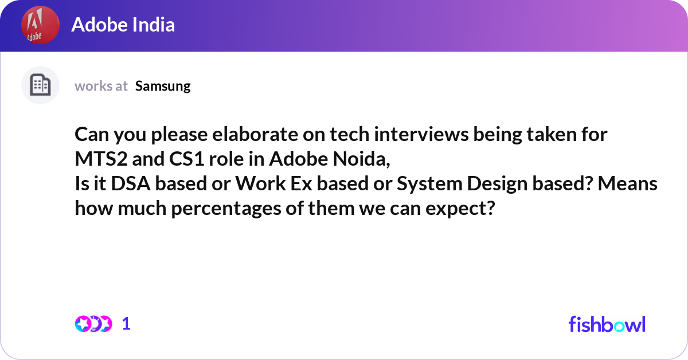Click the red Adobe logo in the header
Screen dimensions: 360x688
40,26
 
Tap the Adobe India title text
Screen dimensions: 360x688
123,25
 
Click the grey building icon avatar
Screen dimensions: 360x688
40,85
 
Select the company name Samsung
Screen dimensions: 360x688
163,86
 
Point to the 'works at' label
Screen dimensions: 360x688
101,86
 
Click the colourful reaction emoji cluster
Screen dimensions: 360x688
93,324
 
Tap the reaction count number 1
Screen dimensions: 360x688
127,324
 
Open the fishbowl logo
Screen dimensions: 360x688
607,324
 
